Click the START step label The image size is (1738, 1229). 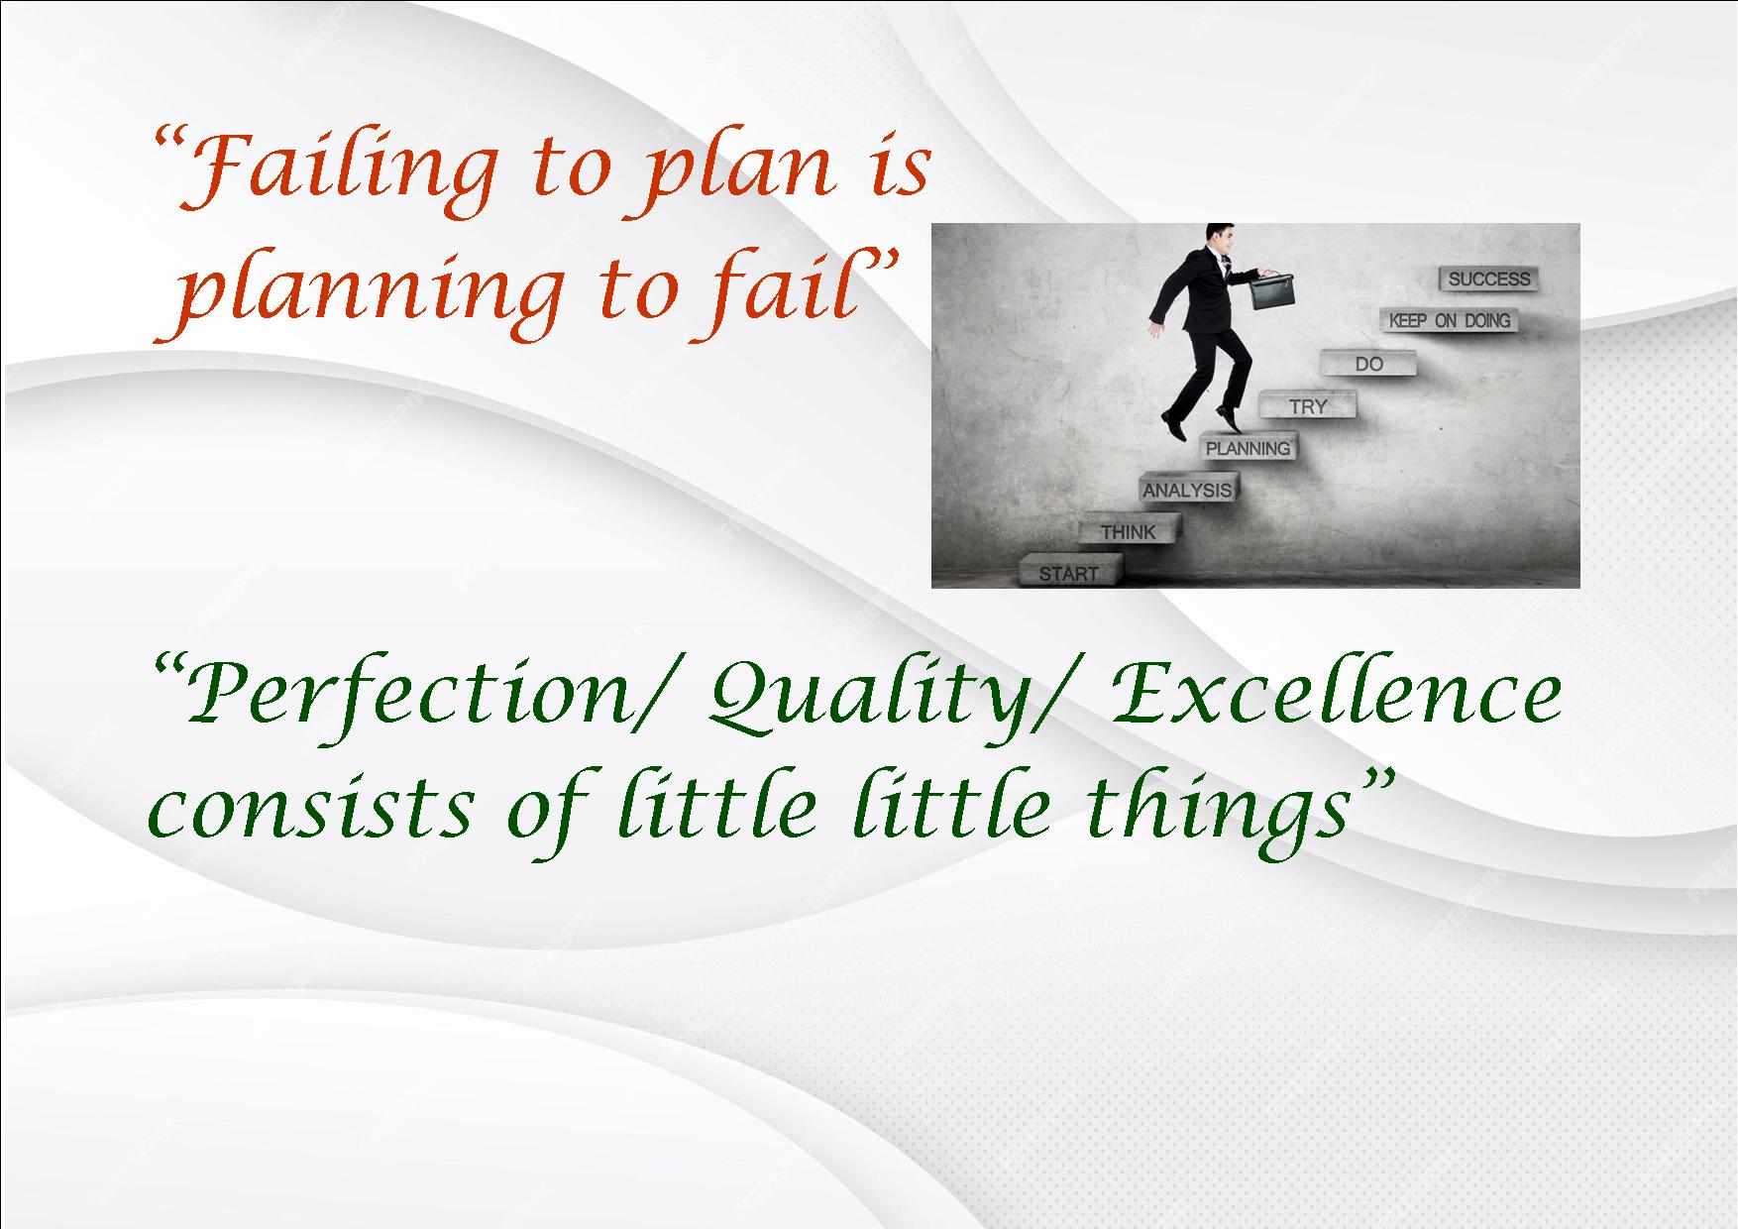pyautogui.click(x=1068, y=573)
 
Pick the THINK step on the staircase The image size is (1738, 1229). pyautogui.click(x=1128, y=531)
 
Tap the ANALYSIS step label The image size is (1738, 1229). pyautogui.click(x=1187, y=490)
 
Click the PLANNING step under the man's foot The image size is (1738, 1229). pyautogui.click(x=1248, y=448)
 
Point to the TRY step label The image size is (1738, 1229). pyautogui.click(x=1308, y=406)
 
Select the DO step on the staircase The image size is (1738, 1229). pyautogui.click(x=1368, y=364)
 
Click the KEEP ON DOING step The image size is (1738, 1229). pyautogui.click(x=1449, y=320)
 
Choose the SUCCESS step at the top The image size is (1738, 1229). pyautogui.click(x=1488, y=279)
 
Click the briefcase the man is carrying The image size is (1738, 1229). pyautogui.click(x=1273, y=289)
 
